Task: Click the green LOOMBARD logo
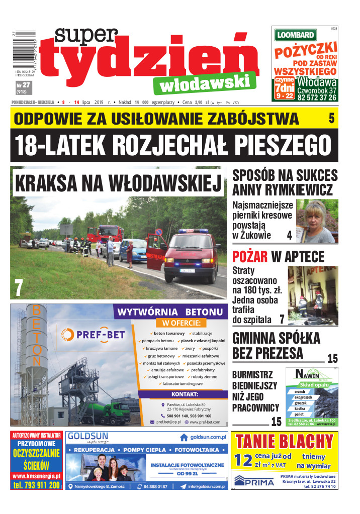295,35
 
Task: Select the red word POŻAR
250,256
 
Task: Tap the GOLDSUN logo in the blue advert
86,436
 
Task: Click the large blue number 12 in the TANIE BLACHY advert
243,460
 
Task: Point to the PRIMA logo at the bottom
254,481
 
